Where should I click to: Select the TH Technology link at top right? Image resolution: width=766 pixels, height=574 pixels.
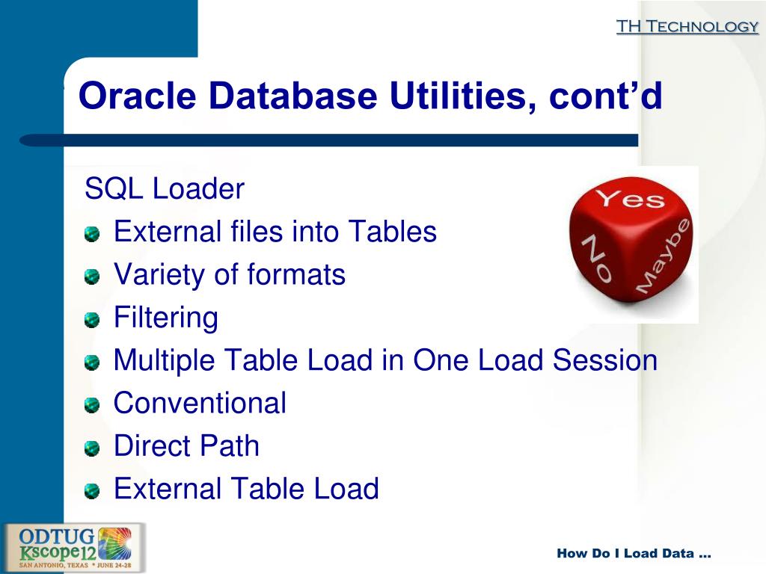(x=687, y=27)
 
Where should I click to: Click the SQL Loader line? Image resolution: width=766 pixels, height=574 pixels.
(x=165, y=189)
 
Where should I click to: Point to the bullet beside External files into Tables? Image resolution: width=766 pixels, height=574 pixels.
(x=91, y=235)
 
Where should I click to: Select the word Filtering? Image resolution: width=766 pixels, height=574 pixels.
(x=166, y=318)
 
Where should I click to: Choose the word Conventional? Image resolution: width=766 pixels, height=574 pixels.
(x=200, y=404)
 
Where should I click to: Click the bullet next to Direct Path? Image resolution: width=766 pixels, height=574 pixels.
(x=91, y=449)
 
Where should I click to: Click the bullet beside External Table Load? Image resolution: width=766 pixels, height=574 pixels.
(x=91, y=492)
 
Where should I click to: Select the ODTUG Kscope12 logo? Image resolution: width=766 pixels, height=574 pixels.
(x=74, y=547)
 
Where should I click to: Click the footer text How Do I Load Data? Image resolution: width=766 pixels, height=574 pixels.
(x=634, y=554)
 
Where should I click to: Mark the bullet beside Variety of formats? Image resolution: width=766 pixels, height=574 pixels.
(x=91, y=278)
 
